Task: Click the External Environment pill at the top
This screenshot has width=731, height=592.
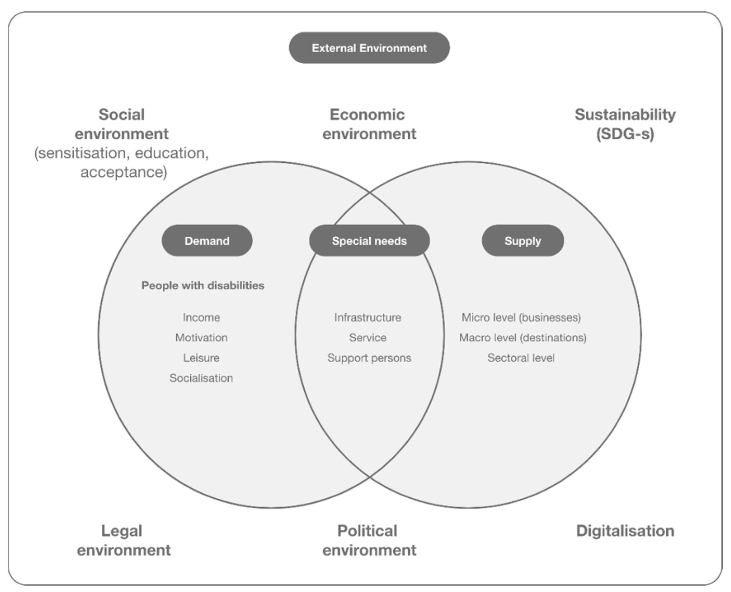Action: [369, 48]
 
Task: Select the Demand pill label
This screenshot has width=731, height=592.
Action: [207, 241]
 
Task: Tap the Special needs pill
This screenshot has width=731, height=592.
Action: [369, 241]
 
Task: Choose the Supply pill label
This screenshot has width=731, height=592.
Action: [523, 241]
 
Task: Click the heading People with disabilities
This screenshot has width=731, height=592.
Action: [203, 285]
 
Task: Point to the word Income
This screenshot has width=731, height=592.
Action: [201, 317]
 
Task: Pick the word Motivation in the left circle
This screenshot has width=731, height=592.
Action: [201, 338]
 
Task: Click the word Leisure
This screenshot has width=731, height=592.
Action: [201, 358]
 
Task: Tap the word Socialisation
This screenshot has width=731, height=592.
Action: [201, 378]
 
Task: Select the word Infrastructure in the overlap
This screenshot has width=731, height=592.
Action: [368, 317]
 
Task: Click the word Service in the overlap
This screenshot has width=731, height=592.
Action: [368, 338]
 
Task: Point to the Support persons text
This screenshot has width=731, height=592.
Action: [369, 358]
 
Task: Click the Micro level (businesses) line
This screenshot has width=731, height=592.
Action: [521, 317]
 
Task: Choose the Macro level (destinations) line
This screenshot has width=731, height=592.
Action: [523, 338]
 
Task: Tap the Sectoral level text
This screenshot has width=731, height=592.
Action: [521, 358]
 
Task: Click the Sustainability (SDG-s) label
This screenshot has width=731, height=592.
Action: [625, 124]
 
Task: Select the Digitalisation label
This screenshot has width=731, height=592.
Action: [625, 531]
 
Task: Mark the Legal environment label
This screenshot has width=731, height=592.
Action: [123, 540]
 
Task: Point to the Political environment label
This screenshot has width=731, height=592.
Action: [369, 540]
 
